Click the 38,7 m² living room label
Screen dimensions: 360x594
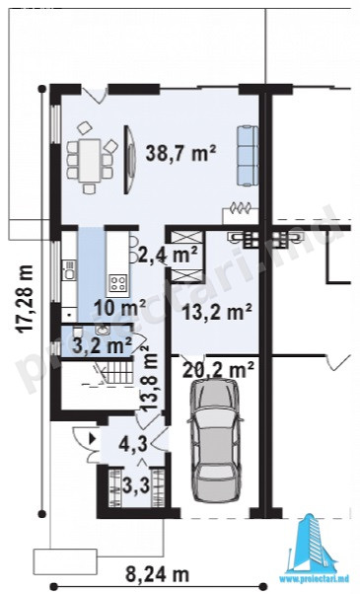coord(180,153)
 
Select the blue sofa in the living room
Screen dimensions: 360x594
coord(248,156)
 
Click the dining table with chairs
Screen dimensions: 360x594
coord(91,158)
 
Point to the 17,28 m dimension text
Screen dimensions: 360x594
coord(26,299)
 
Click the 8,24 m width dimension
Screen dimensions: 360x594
coord(157,575)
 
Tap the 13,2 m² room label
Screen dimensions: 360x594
coord(217,312)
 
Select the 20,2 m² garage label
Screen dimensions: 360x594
coord(218,369)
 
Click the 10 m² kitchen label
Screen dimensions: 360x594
coord(120,308)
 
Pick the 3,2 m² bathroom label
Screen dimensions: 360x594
coord(102,344)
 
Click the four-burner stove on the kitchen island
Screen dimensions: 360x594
coord(117,282)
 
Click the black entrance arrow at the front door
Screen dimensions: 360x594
coord(92,439)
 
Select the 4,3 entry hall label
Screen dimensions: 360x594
coord(133,444)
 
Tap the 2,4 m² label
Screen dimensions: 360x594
coord(168,255)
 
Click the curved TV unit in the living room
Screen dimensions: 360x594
coord(130,160)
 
